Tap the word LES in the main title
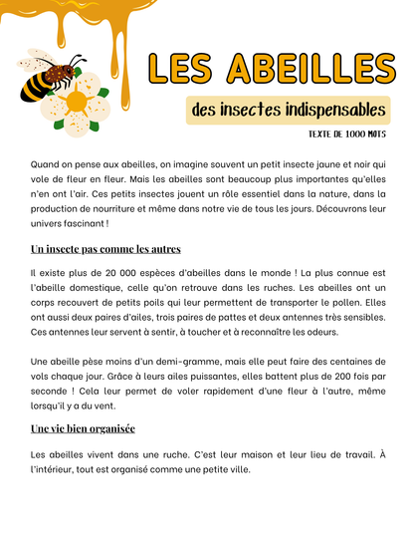coord(184,68)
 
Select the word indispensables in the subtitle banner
coord(317,110)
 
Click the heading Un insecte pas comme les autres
coord(105,249)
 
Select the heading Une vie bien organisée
coord(84,428)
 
